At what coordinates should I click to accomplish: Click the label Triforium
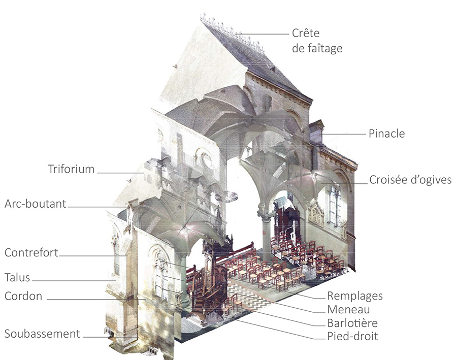click(x=71, y=169)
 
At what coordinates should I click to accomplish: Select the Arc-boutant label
click(x=36, y=204)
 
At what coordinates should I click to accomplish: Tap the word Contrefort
click(x=31, y=252)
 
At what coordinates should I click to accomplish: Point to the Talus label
click(x=17, y=278)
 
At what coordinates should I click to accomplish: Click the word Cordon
click(x=23, y=296)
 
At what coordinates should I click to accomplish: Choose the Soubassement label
click(x=42, y=334)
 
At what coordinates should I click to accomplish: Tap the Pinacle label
click(x=387, y=134)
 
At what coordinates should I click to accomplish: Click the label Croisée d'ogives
click(x=410, y=180)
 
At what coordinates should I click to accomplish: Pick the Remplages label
click(x=355, y=296)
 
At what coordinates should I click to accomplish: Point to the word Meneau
click(x=348, y=310)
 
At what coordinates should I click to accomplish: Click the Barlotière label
click(x=352, y=323)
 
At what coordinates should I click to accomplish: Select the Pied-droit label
click(x=352, y=336)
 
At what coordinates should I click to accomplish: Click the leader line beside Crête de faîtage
click(x=264, y=34)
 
